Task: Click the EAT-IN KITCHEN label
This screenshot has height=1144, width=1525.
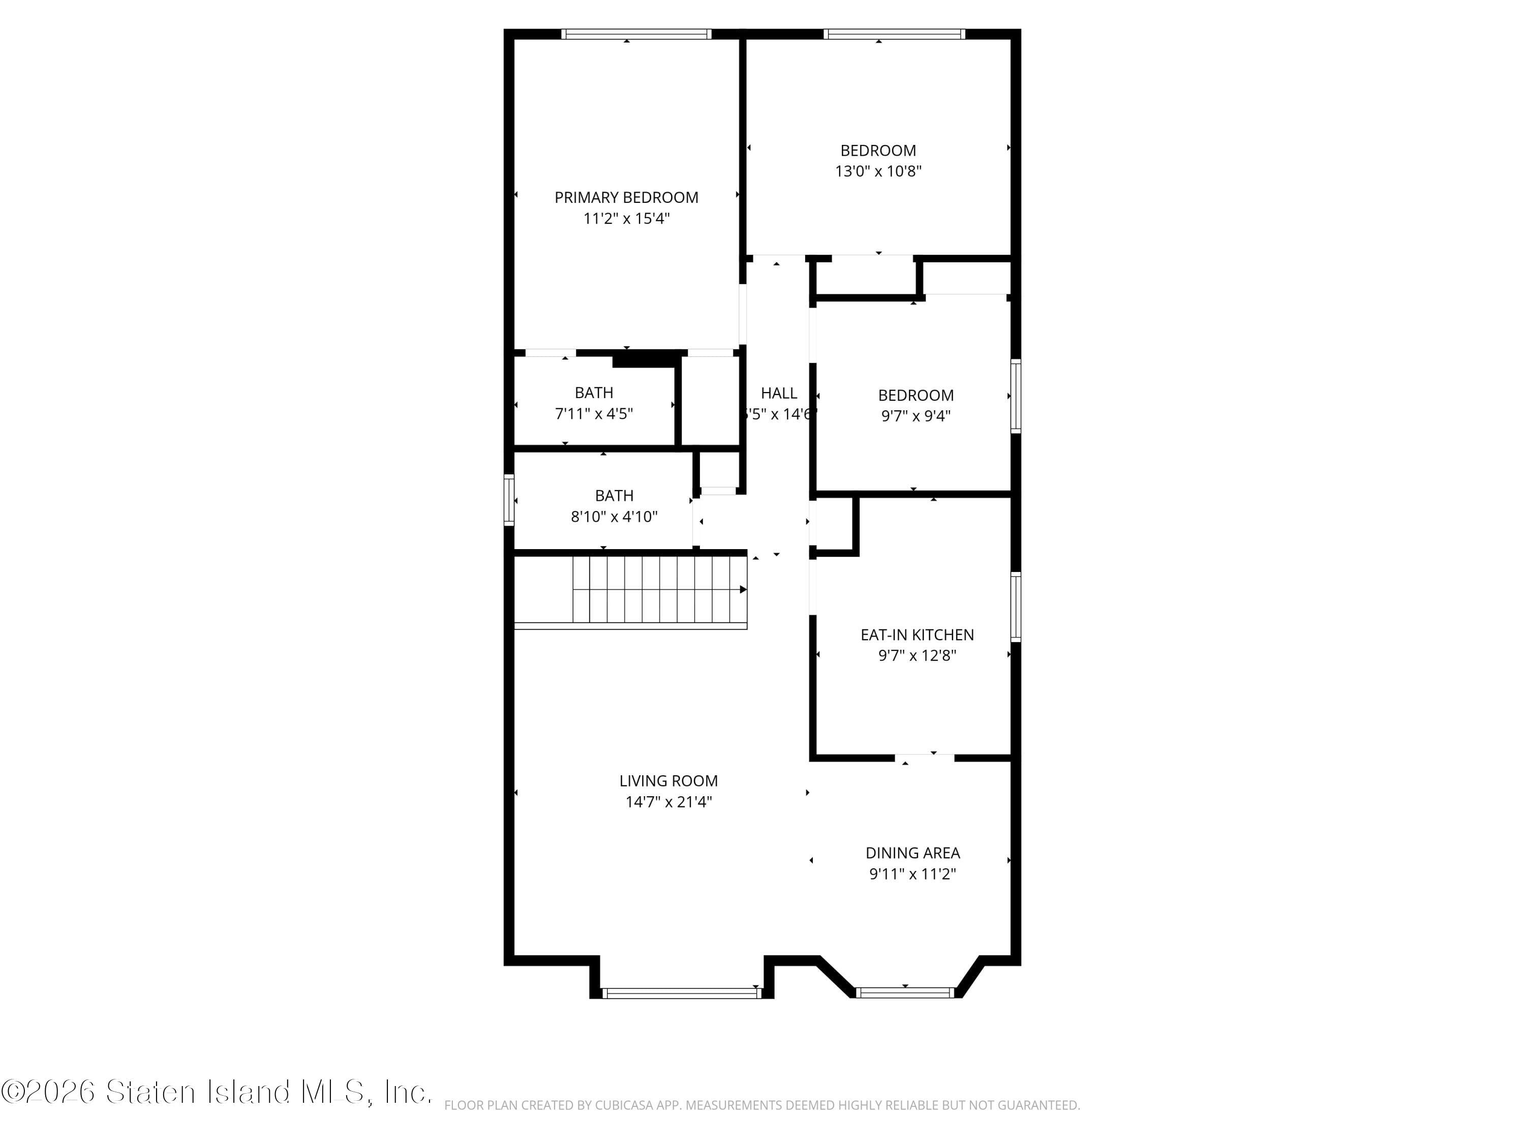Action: coord(917,635)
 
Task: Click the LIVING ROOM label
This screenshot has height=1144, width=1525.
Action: coord(668,781)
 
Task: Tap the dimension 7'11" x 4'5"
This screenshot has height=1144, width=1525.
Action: coord(594,414)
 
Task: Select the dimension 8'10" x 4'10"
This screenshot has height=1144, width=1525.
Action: coord(614,517)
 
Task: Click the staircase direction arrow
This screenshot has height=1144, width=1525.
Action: coord(743,590)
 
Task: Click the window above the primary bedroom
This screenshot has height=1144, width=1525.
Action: coord(635,34)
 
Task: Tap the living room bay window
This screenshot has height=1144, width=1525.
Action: coord(681,993)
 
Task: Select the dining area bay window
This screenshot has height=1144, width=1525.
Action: coord(904,993)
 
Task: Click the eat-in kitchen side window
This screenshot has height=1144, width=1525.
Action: coord(1016,607)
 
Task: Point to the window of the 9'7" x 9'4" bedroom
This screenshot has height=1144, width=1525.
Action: coord(1016,396)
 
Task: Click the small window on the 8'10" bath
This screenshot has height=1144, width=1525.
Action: coord(509,500)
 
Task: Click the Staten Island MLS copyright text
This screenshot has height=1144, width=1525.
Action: coord(217,1092)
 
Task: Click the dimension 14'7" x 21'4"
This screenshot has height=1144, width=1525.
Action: coord(668,802)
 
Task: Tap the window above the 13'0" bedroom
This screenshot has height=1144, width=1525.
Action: coord(894,34)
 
